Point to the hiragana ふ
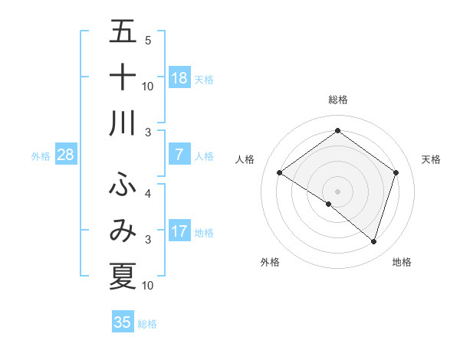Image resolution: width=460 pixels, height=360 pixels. (x=123, y=184)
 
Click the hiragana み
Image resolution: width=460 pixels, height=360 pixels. (x=123, y=231)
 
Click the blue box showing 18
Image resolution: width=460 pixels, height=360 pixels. (x=179, y=77)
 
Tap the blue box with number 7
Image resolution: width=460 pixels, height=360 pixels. (x=179, y=155)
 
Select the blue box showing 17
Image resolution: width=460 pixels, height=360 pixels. (x=179, y=231)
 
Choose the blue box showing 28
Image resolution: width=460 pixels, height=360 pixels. (x=66, y=155)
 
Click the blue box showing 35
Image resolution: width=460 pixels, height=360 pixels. (x=123, y=322)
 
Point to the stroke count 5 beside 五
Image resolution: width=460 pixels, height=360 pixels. (x=148, y=41)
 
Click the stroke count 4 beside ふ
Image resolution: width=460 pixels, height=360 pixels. (x=148, y=194)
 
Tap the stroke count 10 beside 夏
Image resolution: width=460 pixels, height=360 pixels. (x=148, y=286)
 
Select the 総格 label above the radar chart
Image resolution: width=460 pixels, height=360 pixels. (x=337, y=100)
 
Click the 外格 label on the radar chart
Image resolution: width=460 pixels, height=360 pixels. (x=270, y=263)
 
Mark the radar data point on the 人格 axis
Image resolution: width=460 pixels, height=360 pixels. (x=279, y=173)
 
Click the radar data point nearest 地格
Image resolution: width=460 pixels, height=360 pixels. (x=373, y=242)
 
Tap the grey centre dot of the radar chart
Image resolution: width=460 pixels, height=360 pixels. (x=337, y=190)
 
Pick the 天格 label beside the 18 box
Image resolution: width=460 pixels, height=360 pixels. (x=204, y=79)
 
